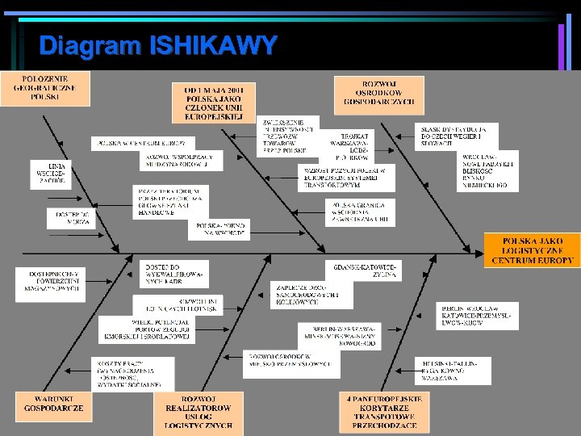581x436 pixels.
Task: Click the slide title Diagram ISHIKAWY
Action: pos(158,44)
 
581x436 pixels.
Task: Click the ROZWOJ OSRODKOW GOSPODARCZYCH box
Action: pos(379,93)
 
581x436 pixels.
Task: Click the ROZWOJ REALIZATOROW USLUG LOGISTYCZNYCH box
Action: pos(198,413)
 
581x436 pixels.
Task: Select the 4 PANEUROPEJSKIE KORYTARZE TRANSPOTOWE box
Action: pos(384,413)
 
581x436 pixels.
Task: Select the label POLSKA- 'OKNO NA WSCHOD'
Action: pos(219,229)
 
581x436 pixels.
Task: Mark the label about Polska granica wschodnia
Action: pos(361,212)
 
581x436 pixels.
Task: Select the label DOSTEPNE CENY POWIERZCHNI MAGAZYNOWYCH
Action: pos(49,284)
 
